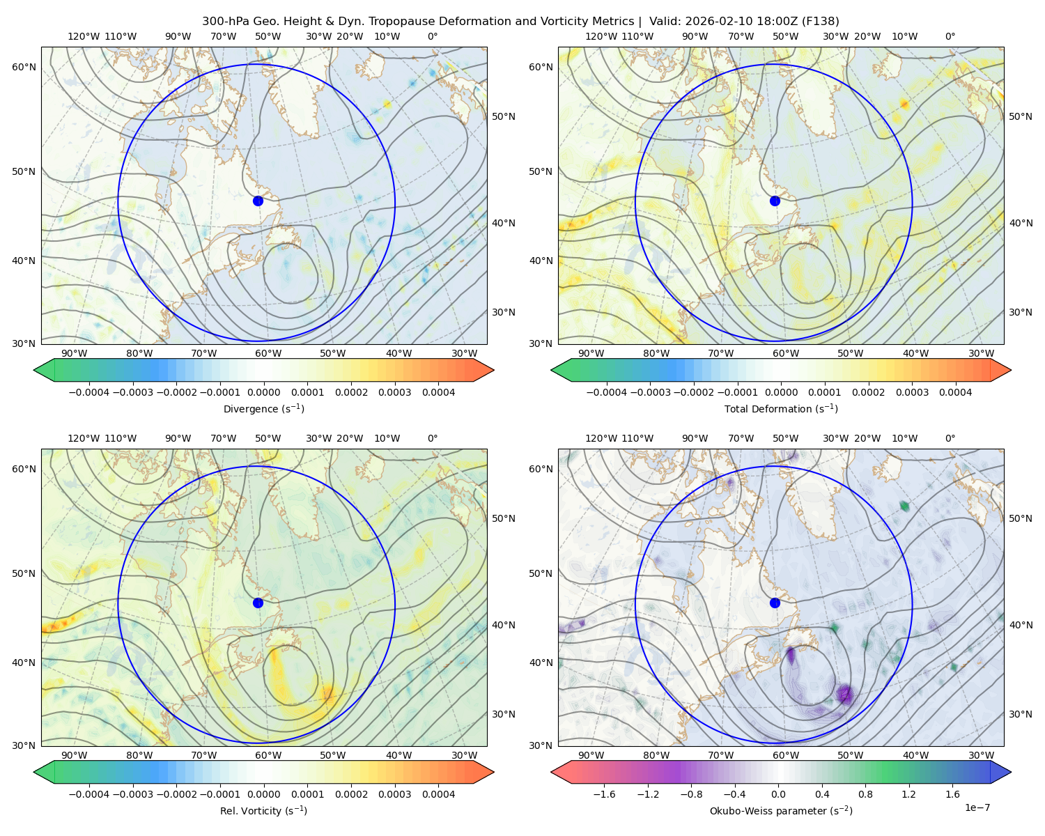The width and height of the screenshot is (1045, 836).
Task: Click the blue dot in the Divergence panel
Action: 258,201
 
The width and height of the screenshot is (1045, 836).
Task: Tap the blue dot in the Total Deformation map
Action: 775,201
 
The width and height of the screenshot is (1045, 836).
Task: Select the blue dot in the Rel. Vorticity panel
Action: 258,603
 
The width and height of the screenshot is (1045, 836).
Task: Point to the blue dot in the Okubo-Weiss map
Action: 775,603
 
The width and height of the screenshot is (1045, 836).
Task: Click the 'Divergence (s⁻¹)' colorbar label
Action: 263,408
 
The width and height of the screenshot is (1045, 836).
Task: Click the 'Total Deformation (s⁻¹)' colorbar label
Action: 781,408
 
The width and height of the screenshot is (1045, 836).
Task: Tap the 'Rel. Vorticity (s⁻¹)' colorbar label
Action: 263,810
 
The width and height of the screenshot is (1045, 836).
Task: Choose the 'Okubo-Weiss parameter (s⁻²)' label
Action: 781,810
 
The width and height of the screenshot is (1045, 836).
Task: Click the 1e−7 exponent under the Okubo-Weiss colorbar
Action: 977,807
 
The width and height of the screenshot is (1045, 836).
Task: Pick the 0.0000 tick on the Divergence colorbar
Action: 263,392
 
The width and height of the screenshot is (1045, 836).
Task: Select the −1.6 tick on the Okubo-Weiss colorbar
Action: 604,794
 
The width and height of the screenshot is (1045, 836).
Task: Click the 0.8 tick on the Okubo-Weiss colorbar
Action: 865,794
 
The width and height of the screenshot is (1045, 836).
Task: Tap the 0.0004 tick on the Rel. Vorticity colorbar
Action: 438,794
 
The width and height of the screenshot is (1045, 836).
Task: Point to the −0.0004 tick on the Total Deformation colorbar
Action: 606,392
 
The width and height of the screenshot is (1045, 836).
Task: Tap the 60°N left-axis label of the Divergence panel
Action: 24,67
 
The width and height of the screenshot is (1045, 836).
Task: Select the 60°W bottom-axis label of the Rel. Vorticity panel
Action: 268,755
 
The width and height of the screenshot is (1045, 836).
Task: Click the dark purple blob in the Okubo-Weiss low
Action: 845,693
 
